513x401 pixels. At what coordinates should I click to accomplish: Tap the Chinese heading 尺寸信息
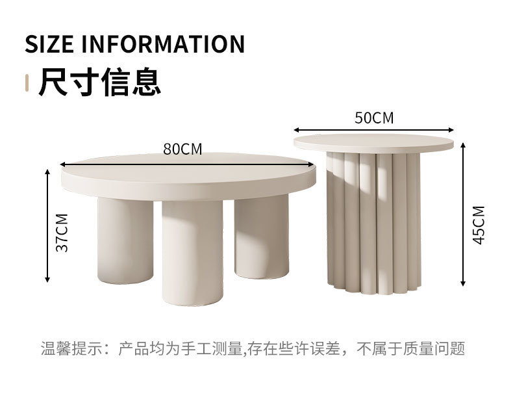[x=99, y=83]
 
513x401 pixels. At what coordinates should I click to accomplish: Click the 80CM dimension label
[x=182, y=149]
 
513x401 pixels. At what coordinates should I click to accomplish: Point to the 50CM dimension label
[x=374, y=118]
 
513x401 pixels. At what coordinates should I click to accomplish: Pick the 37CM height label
[x=62, y=232]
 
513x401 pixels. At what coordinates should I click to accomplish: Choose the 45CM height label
[x=479, y=225]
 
